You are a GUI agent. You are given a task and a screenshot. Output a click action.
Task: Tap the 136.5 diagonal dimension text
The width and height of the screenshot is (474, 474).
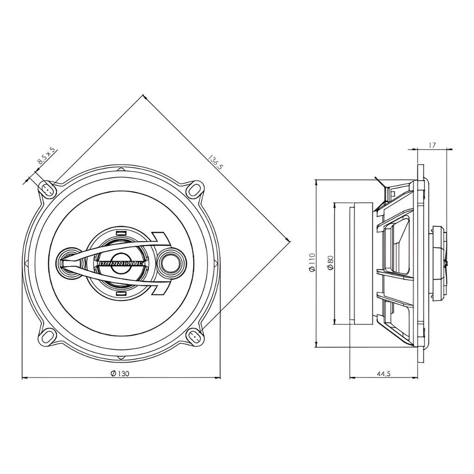click(216, 162)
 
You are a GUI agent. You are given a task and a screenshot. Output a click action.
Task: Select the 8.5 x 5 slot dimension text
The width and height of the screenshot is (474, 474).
click(46, 156)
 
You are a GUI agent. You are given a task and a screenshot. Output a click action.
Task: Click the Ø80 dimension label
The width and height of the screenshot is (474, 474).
click(330, 262)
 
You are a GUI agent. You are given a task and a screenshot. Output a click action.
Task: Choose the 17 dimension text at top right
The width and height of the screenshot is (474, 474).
click(432, 145)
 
